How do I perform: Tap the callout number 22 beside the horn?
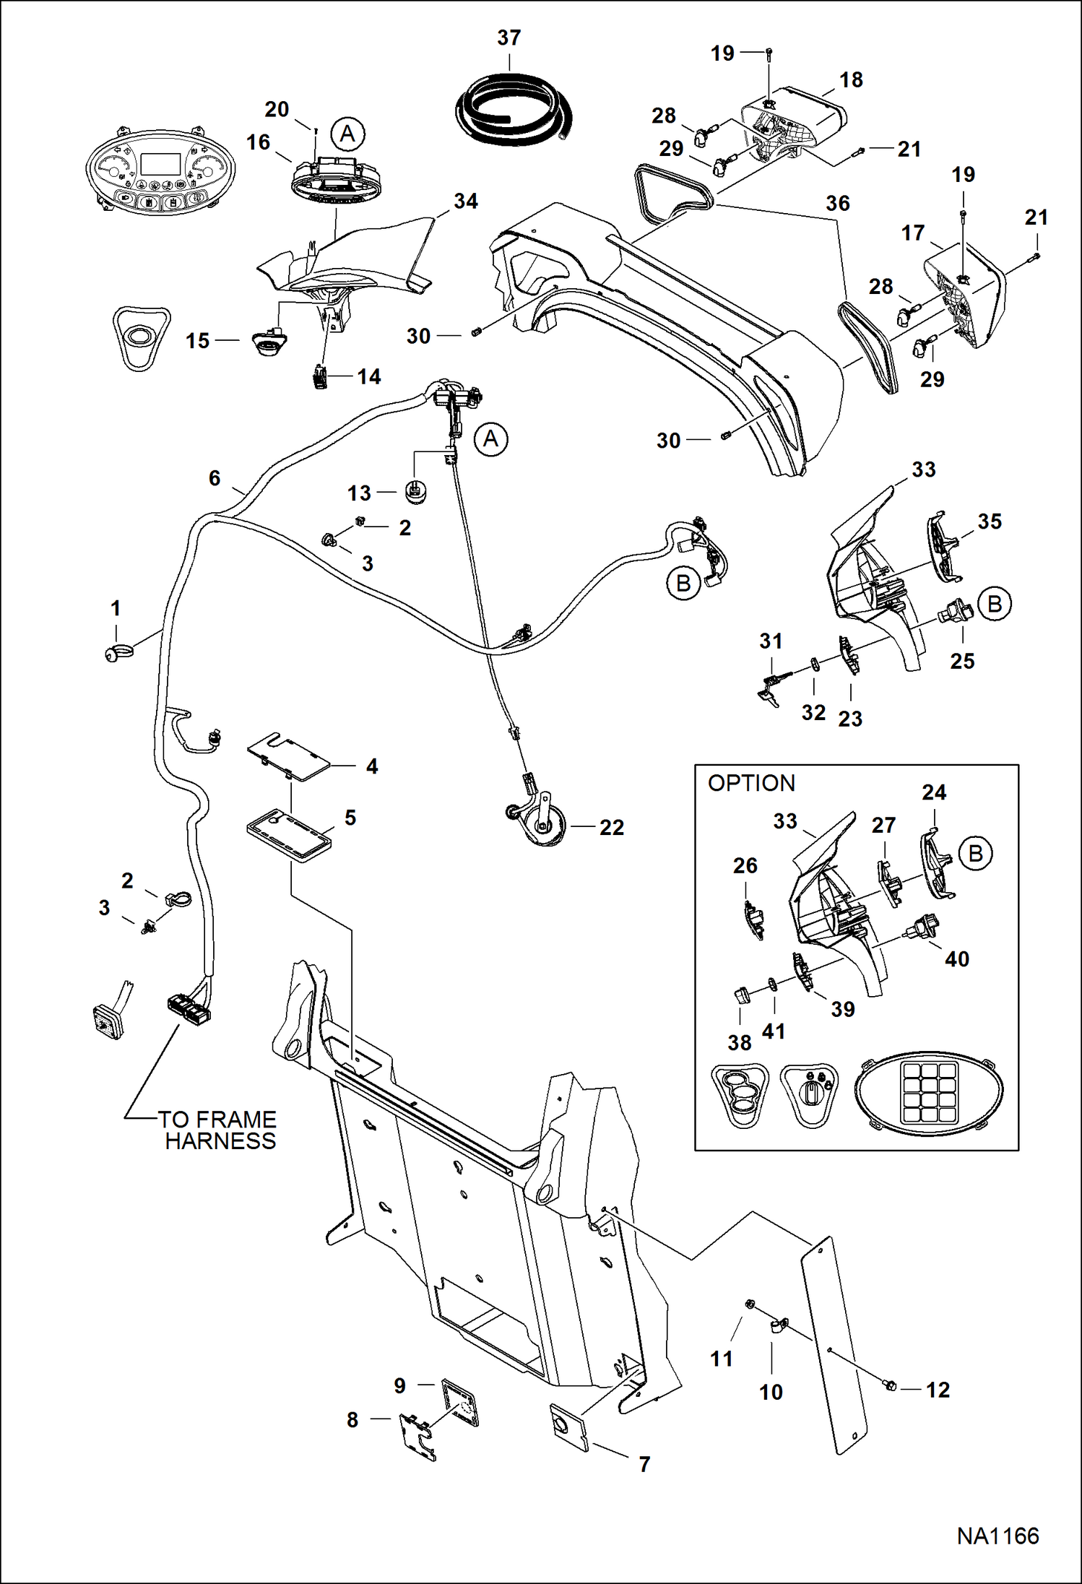(611, 827)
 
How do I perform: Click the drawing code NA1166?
(997, 1536)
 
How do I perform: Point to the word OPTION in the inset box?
(751, 783)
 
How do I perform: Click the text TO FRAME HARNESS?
(217, 1130)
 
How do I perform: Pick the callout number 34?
(465, 201)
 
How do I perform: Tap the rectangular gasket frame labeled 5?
(289, 834)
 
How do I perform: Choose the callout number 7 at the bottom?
(644, 1463)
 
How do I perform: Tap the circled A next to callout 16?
(347, 134)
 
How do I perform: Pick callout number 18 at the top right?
(851, 80)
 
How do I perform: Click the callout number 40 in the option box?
(956, 959)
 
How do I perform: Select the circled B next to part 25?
(995, 604)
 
